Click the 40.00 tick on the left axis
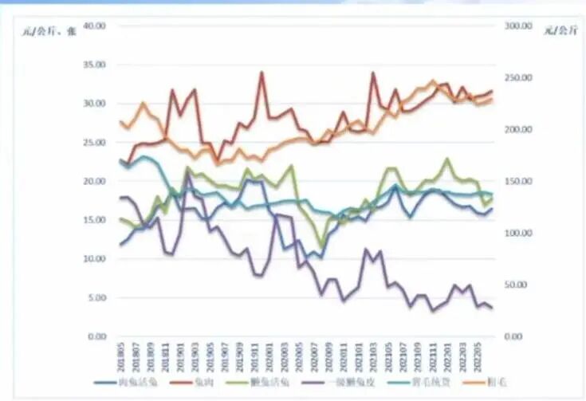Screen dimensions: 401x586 coord(95,26)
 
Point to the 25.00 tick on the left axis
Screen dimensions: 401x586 coord(95,142)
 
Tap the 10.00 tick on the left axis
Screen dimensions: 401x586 coord(95,259)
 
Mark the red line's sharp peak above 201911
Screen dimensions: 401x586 coord(262,73)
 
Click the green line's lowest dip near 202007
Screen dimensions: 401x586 coord(322,246)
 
